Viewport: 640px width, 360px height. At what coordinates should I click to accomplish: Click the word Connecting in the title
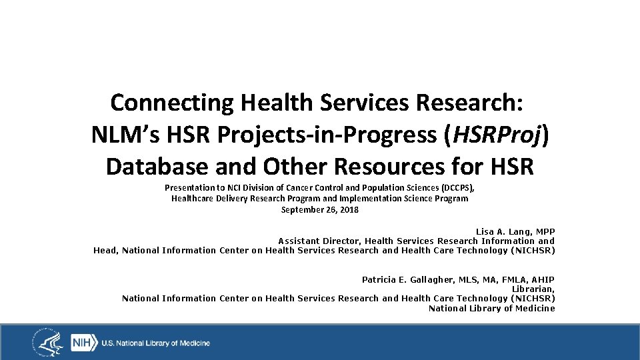171,103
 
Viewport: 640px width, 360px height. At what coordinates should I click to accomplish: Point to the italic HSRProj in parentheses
497,135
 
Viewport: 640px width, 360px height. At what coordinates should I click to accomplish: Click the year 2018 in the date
349,209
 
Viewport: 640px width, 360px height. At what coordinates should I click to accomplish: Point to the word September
302,209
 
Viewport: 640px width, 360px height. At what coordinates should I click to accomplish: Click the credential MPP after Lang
544,231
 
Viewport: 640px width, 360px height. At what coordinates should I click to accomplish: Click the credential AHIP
543,279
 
